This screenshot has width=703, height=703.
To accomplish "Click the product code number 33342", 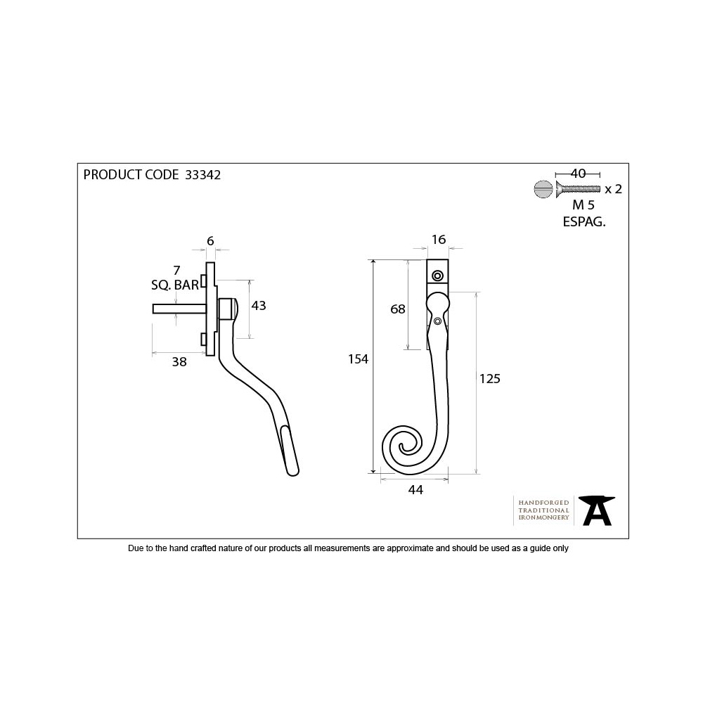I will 202,175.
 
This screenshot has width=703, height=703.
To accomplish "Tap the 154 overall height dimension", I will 359,359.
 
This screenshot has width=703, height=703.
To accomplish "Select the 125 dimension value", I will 489,379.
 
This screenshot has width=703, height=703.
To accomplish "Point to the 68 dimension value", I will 398,309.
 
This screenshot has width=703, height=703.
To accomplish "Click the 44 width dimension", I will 415,491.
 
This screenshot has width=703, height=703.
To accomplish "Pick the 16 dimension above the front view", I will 438,240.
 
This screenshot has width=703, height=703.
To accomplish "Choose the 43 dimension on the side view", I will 258,305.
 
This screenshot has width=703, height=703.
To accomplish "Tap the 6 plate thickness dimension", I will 210,240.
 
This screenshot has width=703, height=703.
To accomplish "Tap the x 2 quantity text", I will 613,188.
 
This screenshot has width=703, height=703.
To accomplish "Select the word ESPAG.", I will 584,221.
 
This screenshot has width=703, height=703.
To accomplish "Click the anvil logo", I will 598,510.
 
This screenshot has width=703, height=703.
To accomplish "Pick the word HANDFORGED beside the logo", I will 543,503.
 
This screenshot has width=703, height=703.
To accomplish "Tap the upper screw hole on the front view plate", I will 439,276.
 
